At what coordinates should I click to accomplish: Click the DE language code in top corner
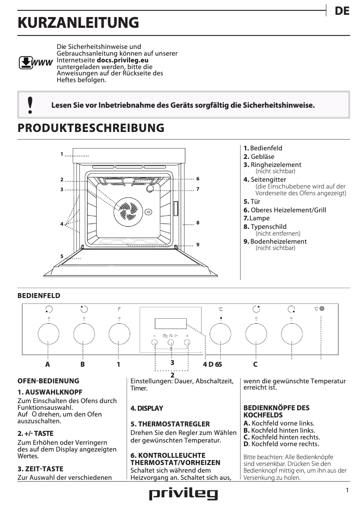coord(342,12)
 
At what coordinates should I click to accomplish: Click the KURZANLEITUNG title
coord(78,22)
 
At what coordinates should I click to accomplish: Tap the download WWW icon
coord(35,62)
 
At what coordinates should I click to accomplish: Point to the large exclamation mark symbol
coord(30,105)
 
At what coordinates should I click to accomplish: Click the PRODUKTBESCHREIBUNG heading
coord(91,128)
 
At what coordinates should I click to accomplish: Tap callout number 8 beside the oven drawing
coord(198,223)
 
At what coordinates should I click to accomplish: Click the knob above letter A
coord(48,334)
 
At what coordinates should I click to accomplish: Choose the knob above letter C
coord(256,334)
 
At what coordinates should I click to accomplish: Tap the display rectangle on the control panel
coord(170,323)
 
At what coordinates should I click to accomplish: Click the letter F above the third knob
coord(119,309)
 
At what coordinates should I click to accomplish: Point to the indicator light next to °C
coord(322,309)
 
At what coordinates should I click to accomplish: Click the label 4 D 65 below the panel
coord(212,364)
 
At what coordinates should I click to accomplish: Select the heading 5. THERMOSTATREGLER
coord(164,424)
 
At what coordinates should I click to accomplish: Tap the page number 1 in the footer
coord(347,491)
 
